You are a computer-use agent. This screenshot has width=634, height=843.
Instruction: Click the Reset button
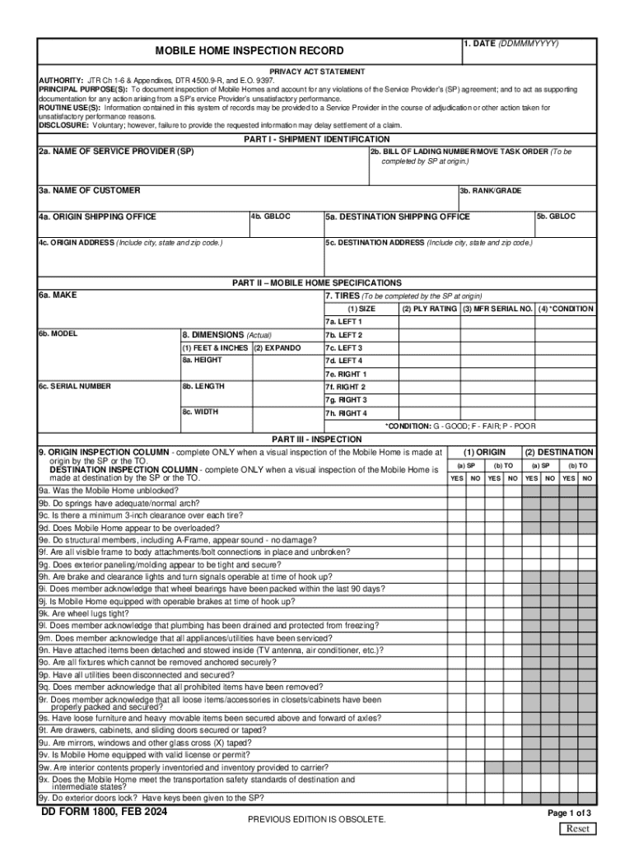point(578,828)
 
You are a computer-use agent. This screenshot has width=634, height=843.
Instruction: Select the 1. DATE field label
point(510,44)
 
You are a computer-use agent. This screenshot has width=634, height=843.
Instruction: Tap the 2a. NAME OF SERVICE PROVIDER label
point(116,152)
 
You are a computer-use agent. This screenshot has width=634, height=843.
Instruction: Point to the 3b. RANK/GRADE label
point(491,191)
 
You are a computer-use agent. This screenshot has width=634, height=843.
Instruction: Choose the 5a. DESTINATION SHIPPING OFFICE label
point(398,217)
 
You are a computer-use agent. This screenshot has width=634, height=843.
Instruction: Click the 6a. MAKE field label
point(57,295)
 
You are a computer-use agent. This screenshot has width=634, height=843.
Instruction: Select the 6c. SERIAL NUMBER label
point(74,386)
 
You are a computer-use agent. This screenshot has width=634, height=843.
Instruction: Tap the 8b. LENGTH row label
point(203,386)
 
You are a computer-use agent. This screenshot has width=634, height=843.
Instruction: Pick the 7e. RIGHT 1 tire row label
point(345,374)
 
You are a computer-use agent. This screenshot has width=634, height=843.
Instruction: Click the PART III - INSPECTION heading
point(316,439)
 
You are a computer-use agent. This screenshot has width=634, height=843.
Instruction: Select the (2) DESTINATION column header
point(559,452)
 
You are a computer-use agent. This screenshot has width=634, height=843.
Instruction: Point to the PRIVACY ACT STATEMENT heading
point(317,72)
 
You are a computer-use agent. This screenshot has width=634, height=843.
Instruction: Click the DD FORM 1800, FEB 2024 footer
point(105,812)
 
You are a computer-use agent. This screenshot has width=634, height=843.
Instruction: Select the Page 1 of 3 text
point(569,813)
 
